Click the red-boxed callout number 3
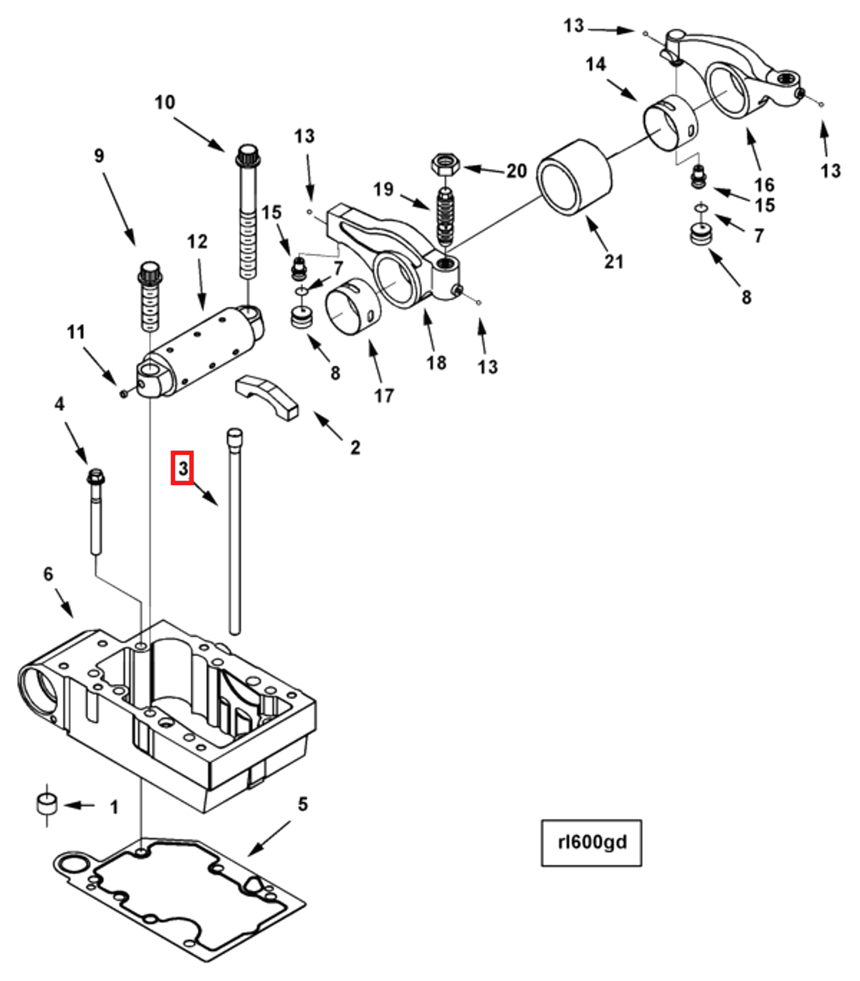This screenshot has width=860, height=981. click(x=182, y=468)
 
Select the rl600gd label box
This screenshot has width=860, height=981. click(x=591, y=842)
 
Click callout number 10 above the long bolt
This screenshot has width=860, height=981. click(x=165, y=102)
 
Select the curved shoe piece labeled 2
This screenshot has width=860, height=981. click(x=267, y=396)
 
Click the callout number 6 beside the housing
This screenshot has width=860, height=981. click(x=48, y=574)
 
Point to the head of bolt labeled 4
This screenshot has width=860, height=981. click(x=96, y=478)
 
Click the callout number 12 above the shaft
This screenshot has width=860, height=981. click(x=197, y=241)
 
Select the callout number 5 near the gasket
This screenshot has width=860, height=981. click(x=303, y=804)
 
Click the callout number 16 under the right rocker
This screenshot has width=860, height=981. click(x=764, y=184)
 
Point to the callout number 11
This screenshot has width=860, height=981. click(x=76, y=332)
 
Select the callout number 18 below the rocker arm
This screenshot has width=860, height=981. click(x=436, y=363)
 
